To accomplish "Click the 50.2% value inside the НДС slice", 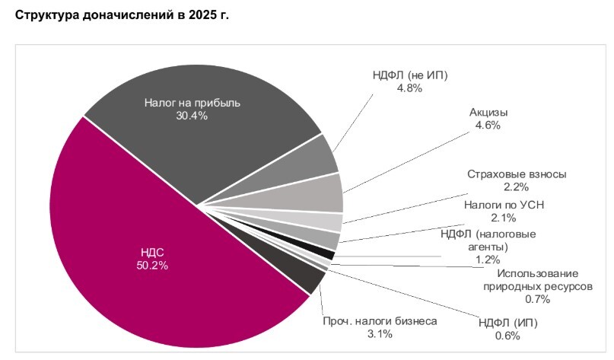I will coord(153,266).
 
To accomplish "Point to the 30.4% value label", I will coord(191,116).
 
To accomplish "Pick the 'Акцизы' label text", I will coord(488,113).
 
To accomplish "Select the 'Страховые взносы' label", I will coord(517,174).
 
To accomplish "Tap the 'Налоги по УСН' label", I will coord(504,205).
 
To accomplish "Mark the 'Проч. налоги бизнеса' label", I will coord(380,321).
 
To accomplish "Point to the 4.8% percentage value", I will coord(409,88).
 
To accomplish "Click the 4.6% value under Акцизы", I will coord(488,126).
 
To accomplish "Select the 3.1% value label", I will coord(379,334).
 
